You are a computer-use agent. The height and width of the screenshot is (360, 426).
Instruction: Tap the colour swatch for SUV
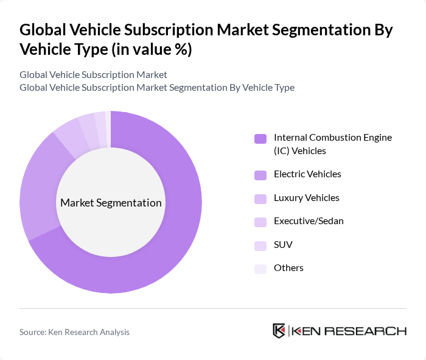click(x=260, y=245)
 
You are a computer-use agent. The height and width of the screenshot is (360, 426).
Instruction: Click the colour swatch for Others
click(x=260, y=269)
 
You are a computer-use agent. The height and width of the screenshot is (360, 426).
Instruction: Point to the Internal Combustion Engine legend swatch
click(x=260, y=138)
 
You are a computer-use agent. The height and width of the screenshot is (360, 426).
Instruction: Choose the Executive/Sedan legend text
click(x=309, y=221)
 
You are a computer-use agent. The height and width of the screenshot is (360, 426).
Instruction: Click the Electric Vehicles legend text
click(x=307, y=174)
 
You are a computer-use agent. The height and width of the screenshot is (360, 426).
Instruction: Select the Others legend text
click(x=288, y=268)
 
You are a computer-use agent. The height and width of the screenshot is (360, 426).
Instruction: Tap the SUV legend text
click(x=284, y=244)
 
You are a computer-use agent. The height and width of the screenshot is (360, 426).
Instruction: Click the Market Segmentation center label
click(x=111, y=203)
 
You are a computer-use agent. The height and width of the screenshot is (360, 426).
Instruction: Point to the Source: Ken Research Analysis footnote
click(x=74, y=332)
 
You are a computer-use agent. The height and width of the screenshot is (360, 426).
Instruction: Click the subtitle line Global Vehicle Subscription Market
click(x=93, y=75)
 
